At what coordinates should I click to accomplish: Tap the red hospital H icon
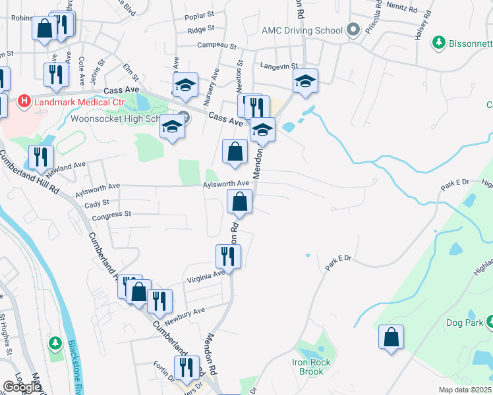(x=24, y=101)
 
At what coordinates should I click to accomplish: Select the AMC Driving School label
(x=302, y=30)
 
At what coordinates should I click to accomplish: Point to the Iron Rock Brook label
(x=308, y=367)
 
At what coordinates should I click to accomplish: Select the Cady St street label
(x=96, y=205)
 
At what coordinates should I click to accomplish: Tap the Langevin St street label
(x=280, y=66)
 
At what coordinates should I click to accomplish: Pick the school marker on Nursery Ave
(x=186, y=85)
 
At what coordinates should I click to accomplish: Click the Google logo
(x=22, y=387)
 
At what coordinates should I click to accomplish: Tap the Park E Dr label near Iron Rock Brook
(x=339, y=265)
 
